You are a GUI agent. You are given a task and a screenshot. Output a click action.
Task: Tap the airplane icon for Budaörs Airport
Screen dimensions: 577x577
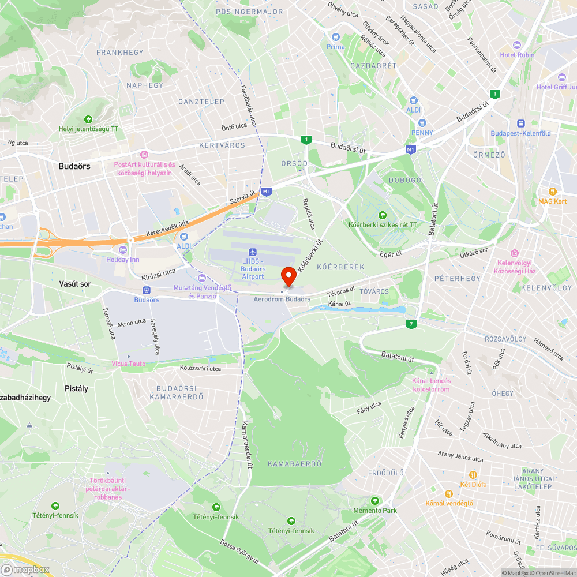[252, 252]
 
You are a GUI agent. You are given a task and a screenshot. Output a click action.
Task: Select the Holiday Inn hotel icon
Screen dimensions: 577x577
[122, 250]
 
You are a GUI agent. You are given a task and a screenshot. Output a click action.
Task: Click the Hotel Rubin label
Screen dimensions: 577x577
[517, 55]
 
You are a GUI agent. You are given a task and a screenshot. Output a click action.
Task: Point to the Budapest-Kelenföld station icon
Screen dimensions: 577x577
[520, 123]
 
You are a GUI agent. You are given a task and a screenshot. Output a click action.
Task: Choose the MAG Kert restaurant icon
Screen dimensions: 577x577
[552, 191]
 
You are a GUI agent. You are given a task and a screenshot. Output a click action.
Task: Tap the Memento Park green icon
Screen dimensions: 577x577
[375, 500]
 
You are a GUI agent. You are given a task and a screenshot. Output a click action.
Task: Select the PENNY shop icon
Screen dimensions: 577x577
[422, 122]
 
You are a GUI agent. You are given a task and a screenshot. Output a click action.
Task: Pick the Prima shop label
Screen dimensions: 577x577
[335, 47]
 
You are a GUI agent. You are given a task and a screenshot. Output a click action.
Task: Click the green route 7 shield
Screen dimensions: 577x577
[411, 324]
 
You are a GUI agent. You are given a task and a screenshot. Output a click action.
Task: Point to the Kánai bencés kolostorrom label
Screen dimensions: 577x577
[431, 385]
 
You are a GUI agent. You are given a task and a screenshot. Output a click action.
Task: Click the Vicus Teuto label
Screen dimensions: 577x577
[129, 364]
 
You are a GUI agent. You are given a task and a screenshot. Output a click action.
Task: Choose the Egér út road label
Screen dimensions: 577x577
[390, 253]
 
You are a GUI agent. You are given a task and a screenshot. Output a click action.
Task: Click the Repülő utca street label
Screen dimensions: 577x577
[309, 213]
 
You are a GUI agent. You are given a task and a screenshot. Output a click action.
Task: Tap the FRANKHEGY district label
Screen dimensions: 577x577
[120, 53]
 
